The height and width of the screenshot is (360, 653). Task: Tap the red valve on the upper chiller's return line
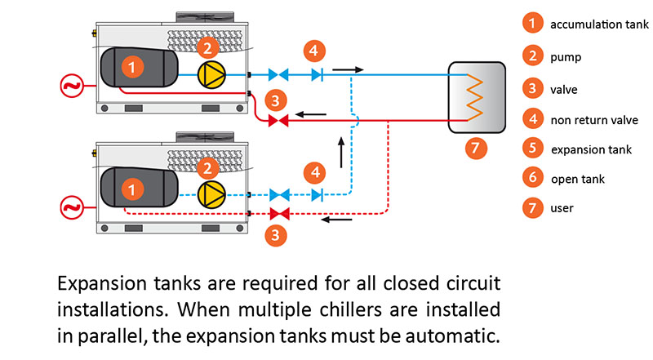coord(278,121)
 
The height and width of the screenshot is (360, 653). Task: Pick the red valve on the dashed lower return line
coord(278,215)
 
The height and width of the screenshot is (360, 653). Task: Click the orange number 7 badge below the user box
coord(473,148)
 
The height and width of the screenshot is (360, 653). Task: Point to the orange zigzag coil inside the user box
coord(473,97)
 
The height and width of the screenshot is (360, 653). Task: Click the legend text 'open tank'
coord(578,179)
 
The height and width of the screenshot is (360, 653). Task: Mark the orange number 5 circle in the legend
coord(533,149)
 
